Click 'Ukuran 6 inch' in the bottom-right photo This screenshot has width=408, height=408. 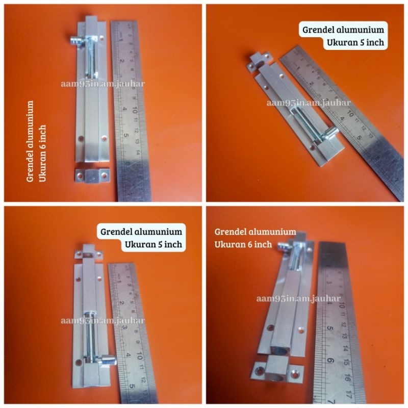[x=243, y=245]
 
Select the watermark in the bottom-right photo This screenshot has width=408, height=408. [x=299, y=299]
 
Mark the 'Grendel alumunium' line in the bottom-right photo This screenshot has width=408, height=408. [x=255, y=232]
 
